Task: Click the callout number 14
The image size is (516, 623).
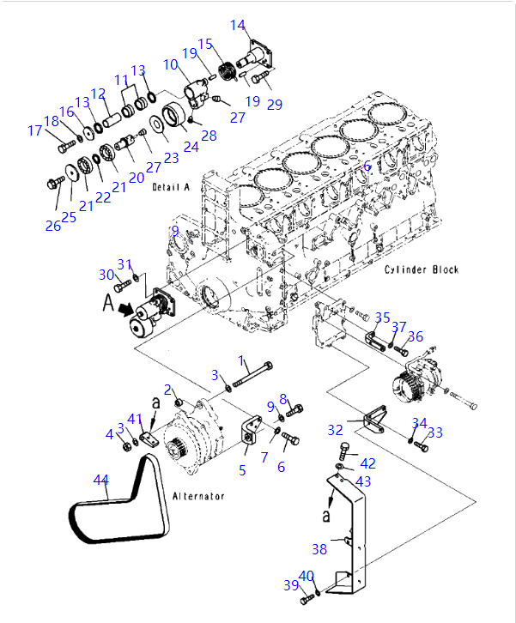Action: point(238,25)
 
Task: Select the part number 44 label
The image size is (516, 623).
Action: point(101,481)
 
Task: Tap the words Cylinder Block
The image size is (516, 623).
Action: point(421,269)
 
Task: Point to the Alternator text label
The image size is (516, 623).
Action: point(198,496)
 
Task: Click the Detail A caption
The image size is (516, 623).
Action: point(169,186)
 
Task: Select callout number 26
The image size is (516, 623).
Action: point(53,226)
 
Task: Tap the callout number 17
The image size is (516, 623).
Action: point(34,131)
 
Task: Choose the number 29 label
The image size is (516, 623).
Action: point(274,105)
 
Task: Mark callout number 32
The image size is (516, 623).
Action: point(335,429)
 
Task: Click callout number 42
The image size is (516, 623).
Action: point(367,463)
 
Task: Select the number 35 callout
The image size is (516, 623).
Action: point(382,318)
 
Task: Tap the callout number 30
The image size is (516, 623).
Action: point(106,275)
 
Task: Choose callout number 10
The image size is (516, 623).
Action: point(170,64)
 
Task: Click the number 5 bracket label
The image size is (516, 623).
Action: point(242,469)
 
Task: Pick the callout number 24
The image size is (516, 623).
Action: point(191,147)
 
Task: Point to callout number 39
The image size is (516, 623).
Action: point(290,585)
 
